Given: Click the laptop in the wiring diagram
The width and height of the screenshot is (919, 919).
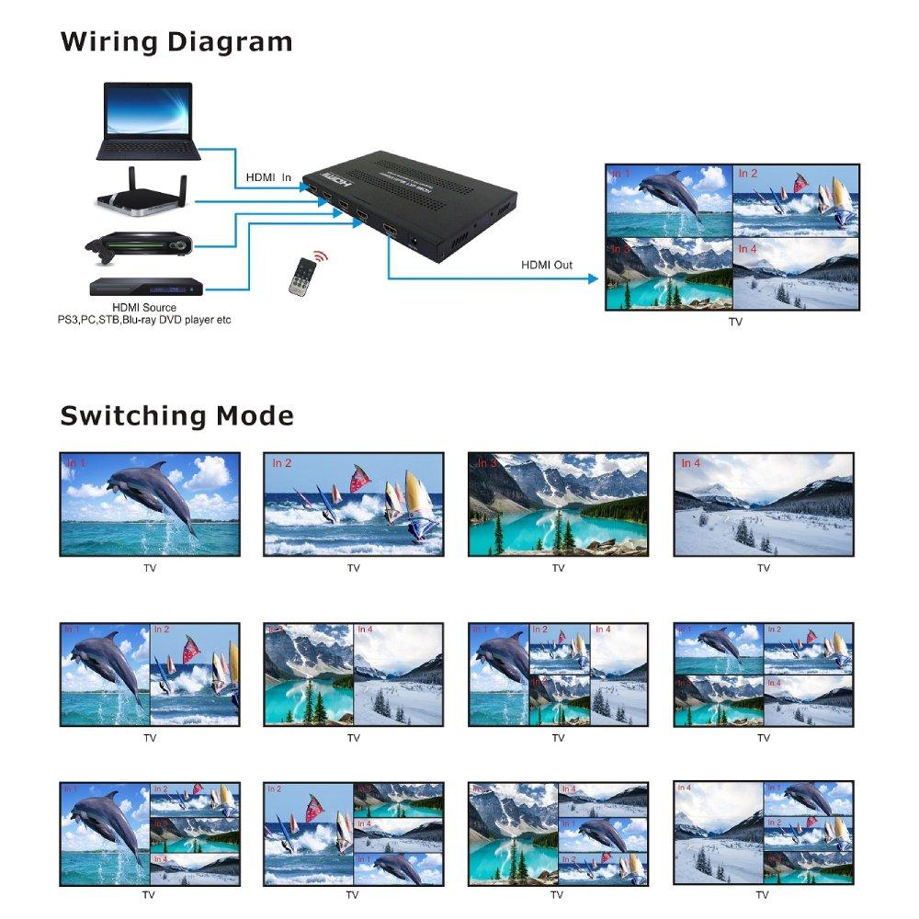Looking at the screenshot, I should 147,121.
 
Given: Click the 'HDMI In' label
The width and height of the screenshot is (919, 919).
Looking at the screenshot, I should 268,177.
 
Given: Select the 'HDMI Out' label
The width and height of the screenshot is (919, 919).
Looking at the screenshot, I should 547,266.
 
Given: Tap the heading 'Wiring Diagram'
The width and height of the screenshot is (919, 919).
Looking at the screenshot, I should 176,42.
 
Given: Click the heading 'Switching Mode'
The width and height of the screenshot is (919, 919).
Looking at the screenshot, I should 177,415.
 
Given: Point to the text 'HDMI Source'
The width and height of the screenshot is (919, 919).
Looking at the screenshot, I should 144,307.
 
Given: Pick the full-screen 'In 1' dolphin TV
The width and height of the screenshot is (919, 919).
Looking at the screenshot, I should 150,504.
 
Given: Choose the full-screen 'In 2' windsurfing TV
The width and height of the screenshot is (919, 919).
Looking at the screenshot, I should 354,504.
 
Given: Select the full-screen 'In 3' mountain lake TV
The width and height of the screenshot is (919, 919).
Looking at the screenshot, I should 558,504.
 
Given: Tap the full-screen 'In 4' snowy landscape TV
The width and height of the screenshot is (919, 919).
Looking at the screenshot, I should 764,504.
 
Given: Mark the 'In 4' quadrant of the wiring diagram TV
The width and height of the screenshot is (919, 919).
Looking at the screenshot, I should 796,274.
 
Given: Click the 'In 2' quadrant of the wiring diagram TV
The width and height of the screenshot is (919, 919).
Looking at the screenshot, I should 796,201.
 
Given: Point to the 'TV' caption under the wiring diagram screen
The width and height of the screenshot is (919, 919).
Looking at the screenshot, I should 735,323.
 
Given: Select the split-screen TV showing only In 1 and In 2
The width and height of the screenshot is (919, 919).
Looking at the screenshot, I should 150,675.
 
